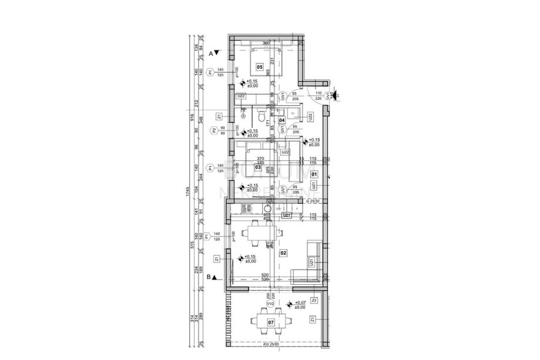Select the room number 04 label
(x=281, y=120)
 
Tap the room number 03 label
(x=258, y=167)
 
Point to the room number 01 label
(x=314, y=174)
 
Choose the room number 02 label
(x=283, y=253)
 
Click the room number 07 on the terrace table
(x=270, y=322)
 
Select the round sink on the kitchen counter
(x=267, y=208)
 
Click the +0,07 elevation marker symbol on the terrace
(x=290, y=304)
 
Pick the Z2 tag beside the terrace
(x=314, y=300)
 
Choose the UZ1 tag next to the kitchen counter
(x=287, y=216)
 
